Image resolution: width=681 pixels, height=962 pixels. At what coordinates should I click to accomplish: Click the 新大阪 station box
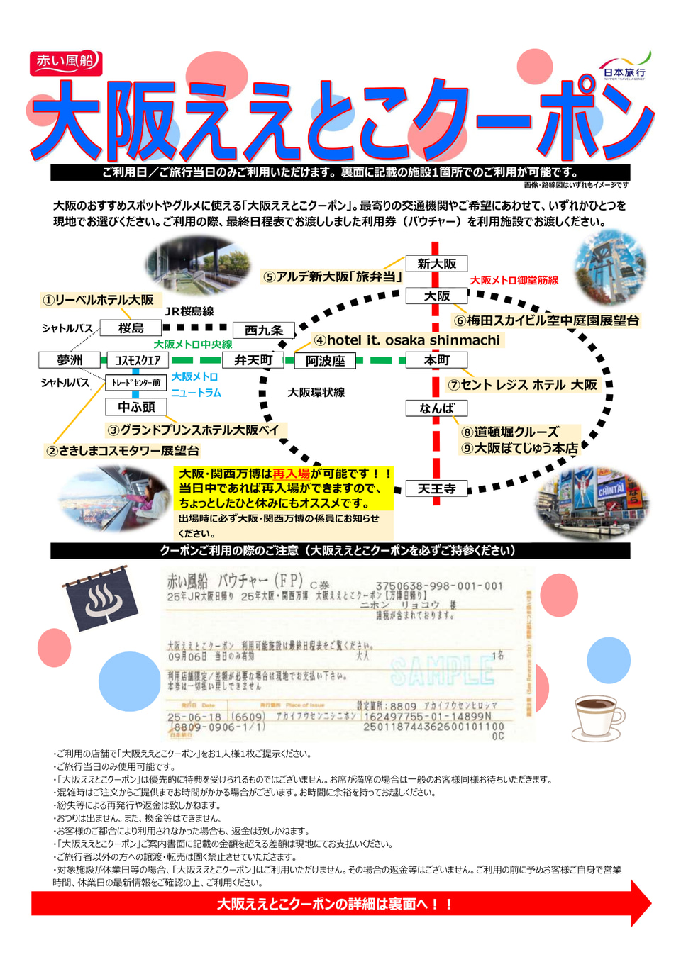click(436, 264)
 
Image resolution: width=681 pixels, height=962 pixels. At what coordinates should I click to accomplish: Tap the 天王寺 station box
click(436, 488)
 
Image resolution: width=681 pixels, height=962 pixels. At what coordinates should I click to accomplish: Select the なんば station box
click(436, 408)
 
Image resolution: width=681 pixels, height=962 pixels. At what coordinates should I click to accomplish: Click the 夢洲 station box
click(70, 360)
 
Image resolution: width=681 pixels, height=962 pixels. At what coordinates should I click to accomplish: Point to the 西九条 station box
click(264, 330)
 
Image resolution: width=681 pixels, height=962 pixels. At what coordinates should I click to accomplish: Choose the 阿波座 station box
click(325, 361)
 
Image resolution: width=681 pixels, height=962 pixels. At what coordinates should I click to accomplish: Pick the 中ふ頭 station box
click(136, 407)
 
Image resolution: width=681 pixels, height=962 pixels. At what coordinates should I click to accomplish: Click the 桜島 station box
click(131, 328)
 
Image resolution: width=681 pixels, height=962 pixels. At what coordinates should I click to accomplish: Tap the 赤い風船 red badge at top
click(66, 62)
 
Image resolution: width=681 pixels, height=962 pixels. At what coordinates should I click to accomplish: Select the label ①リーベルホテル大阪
click(99, 300)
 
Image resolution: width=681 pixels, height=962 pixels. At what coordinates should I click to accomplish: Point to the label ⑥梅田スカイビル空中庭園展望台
click(546, 320)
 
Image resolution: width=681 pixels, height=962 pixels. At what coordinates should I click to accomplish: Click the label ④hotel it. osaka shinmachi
click(407, 340)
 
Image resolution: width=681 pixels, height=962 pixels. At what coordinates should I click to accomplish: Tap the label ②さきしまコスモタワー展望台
click(122, 450)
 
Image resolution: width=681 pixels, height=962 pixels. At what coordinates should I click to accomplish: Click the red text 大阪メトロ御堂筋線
click(514, 280)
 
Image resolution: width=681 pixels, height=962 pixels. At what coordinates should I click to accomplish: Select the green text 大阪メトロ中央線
click(193, 345)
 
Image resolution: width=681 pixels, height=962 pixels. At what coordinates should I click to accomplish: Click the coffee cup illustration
click(599, 717)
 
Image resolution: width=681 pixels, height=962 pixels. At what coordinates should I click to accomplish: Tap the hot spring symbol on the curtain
click(104, 601)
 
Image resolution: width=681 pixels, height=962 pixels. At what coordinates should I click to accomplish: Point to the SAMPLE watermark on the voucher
click(442, 671)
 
